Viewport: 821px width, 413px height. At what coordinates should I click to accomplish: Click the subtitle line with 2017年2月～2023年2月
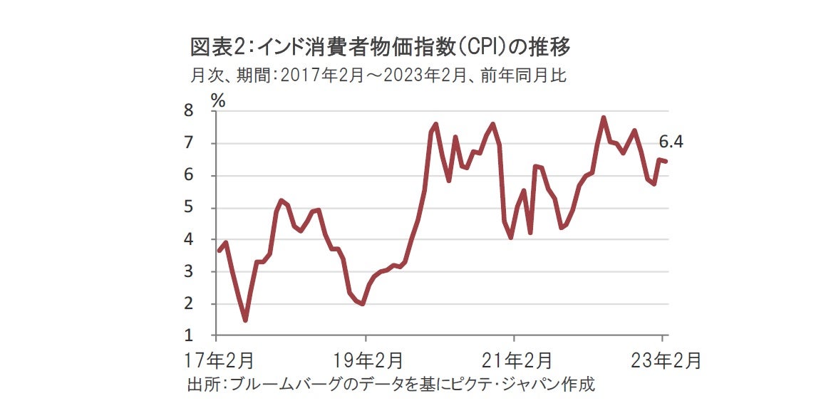click(378, 75)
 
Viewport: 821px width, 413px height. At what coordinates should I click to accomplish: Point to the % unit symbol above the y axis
click(218, 100)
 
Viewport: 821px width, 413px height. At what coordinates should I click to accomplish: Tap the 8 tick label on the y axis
click(189, 111)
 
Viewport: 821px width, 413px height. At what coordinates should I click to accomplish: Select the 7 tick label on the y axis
click(189, 143)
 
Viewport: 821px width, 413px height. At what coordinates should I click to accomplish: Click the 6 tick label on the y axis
click(189, 175)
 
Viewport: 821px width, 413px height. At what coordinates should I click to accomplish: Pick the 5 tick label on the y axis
click(189, 208)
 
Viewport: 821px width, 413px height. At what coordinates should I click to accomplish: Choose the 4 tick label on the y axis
click(189, 240)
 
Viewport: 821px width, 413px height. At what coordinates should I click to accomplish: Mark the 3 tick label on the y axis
click(189, 272)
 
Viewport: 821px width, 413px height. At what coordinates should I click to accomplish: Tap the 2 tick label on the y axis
click(189, 304)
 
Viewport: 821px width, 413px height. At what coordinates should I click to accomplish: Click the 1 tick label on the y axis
click(189, 335)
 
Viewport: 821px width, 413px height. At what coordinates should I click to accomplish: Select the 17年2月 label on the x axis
click(217, 360)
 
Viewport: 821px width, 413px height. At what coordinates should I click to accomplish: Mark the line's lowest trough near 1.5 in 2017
click(245, 320)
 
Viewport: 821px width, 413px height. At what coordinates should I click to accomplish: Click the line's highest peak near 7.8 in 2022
click(604, 117)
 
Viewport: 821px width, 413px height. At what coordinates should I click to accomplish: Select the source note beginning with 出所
click(391, 385)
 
